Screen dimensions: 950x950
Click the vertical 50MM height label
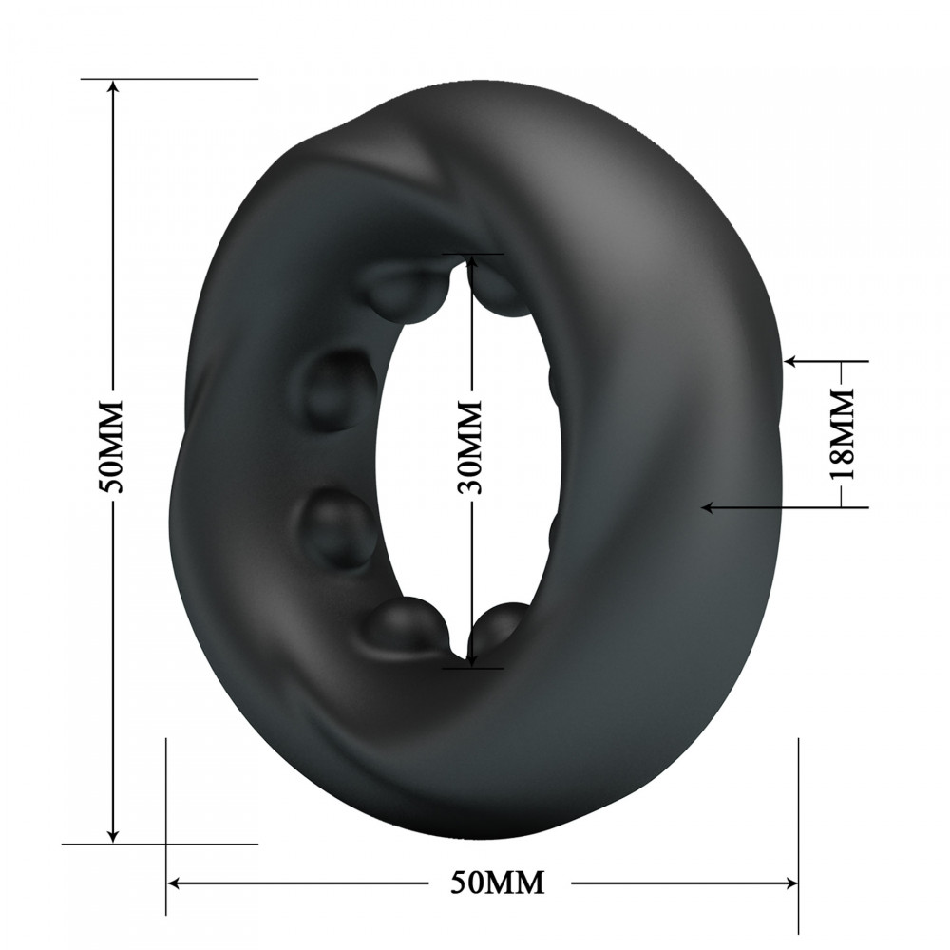(x=113, y=446)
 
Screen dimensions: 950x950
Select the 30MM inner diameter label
(x=469, y=446)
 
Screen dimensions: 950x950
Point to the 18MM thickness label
(x=841, y=432)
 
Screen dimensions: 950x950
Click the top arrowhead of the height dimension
(x=114, y=88)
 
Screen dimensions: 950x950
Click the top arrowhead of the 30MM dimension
(x=469, y=261)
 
